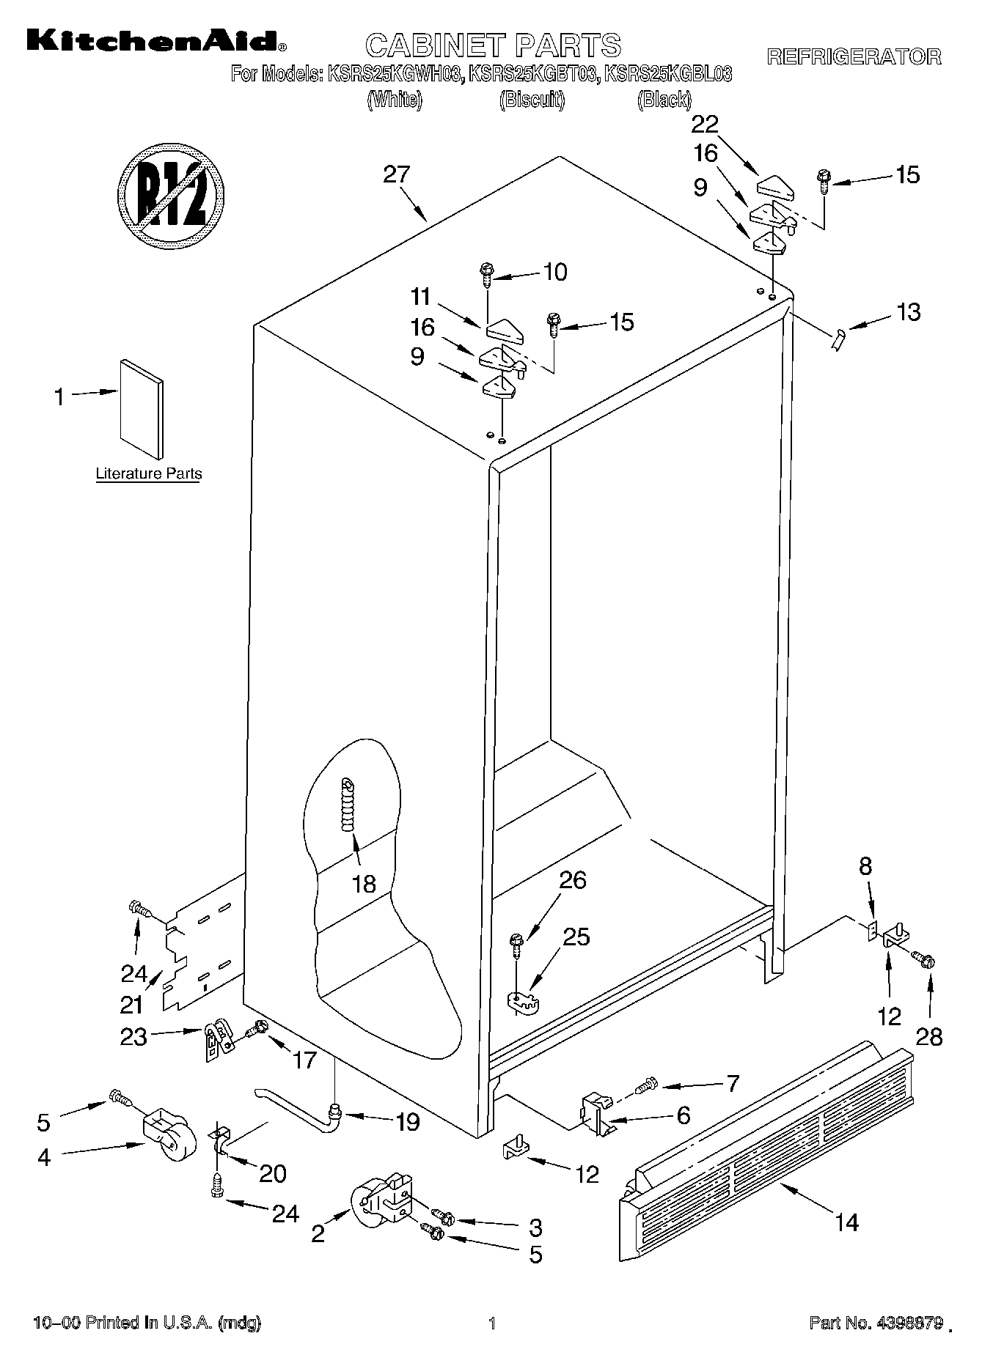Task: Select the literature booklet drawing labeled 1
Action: point(141,408)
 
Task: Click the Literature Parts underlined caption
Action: point(149,473)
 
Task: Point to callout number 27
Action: point(397,175)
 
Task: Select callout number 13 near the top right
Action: point(908,312)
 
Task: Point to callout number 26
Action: point(573,879)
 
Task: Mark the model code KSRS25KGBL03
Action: point(667,73)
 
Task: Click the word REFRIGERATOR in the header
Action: point(854,56)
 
